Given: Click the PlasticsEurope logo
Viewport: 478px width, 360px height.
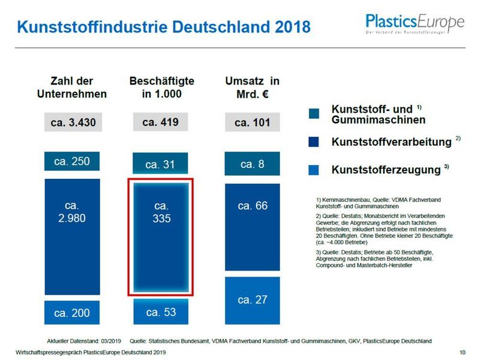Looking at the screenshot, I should tap(415, 24).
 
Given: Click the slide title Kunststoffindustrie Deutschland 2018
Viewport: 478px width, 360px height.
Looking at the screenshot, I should tap(163, 27).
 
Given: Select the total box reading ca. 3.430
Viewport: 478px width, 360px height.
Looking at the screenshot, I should tap(72, 124).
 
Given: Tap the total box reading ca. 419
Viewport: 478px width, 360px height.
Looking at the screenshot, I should tap(161, 122).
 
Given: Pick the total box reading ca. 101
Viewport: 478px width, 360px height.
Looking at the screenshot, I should tap(252, 124).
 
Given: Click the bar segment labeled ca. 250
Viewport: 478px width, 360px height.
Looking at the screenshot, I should tap(72, 161).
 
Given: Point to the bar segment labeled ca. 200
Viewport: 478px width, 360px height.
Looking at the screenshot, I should tap(72, 313).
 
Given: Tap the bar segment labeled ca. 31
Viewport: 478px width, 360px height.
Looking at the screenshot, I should tap(161, 164).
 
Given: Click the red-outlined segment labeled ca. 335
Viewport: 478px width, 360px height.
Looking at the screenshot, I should tap(161, 236).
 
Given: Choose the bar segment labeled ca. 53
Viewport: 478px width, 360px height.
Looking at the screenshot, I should tap(161, 311).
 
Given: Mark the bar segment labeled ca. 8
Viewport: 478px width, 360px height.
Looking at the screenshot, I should tap(252, 164).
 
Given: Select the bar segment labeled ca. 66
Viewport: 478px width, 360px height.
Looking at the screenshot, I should tap(252, 227).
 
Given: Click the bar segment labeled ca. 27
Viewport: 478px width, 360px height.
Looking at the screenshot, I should tap(252, 299).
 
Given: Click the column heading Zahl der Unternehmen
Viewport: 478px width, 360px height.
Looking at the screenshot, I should tap(72, 88).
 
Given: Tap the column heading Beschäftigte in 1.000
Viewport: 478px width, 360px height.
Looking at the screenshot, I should tap(161, 88).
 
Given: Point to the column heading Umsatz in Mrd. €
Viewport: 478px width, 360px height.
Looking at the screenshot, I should tap(252, 88).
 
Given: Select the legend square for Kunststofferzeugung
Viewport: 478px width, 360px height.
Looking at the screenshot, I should tap(314, 170).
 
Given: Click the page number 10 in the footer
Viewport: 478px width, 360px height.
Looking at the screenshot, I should tap(462, 352).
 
